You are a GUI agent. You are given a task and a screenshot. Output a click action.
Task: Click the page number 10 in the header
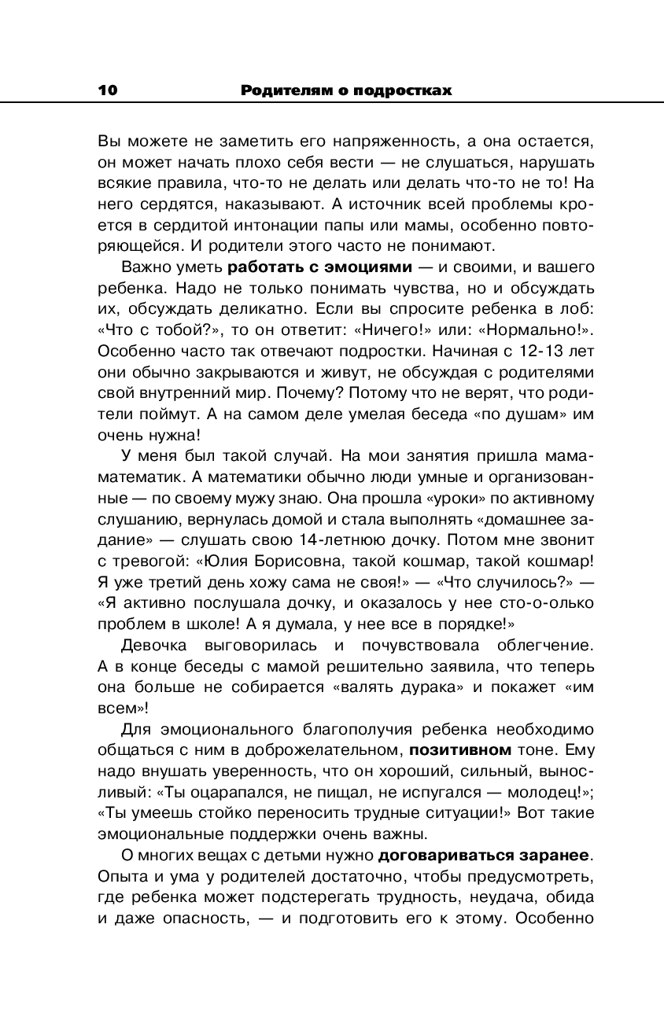(108, 90)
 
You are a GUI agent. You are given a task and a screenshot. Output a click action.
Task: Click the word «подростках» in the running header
(402, 90)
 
